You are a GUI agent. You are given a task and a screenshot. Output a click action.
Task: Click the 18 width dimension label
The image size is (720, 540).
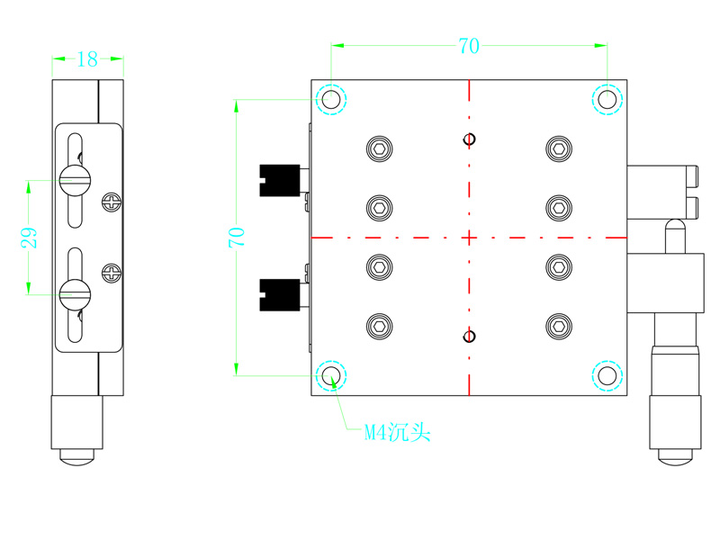click(87, 60)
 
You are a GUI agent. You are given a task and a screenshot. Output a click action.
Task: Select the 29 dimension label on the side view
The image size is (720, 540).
click(30, 237)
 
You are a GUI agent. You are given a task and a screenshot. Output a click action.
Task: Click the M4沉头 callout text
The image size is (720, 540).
click(397, 434)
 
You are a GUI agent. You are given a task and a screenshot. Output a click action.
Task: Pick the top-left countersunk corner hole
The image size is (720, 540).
click(331, 99)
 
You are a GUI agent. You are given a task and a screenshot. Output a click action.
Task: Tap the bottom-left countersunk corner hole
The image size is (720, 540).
click(331, 375)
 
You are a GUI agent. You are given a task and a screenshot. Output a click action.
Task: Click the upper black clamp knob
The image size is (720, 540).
click(278, 179)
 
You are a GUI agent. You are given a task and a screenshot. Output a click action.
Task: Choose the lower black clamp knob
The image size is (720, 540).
click(278, 294)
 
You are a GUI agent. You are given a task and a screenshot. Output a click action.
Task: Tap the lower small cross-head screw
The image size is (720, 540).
click(112, 271)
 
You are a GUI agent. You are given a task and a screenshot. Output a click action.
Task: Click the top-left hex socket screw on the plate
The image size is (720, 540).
click(380, 148)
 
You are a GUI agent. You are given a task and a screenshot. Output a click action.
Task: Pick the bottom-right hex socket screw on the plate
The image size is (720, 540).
click(559, 327)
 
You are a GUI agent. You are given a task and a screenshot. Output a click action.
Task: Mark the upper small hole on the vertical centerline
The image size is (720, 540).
click(469, 139)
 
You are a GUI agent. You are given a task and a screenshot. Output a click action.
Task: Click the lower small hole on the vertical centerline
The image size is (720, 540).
click(468, 337)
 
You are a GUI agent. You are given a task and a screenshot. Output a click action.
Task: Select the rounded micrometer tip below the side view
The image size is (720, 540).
click(77, 457)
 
